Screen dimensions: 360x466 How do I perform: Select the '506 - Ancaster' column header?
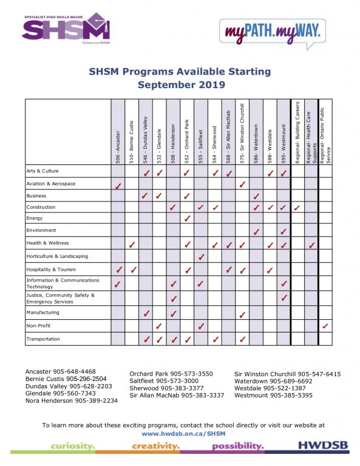click(x=118, y=146)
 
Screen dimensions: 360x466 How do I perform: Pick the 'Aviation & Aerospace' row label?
click(x=51, y=183)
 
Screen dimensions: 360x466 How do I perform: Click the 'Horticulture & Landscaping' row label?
click(x=57, y=256)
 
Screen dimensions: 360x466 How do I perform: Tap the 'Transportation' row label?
click(x=43, y=339)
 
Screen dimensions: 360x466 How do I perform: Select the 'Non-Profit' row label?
click(x=39, y=325)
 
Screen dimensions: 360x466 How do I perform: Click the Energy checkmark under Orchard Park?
click(x=188, y=218)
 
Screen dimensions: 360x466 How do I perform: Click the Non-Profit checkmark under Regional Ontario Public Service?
click(x=326, y=326)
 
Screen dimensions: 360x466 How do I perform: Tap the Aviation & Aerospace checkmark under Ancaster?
click(x=118, y=184)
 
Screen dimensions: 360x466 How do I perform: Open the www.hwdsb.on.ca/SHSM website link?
click(x=180, y=434)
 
